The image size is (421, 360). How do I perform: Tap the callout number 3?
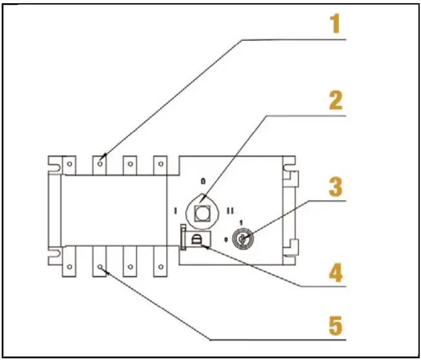pyautogui.click(x=334, y=187)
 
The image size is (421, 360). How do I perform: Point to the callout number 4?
pyautogui.click(x=334, y=271)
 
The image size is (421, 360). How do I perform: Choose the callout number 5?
pyautogui.click(x=334, y=325)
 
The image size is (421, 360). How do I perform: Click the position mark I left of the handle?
pyautogui.click(x=176, y=209)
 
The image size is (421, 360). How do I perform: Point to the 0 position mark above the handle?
pyautogui.click(x=203, y=182)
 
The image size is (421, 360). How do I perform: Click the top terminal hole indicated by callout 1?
pyautogui.click(x=100, y=164)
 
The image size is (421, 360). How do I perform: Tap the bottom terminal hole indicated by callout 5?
pyautogui.click(x=100, y=266)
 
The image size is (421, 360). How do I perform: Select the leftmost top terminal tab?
pyautogui.click(x=70, y=165)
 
